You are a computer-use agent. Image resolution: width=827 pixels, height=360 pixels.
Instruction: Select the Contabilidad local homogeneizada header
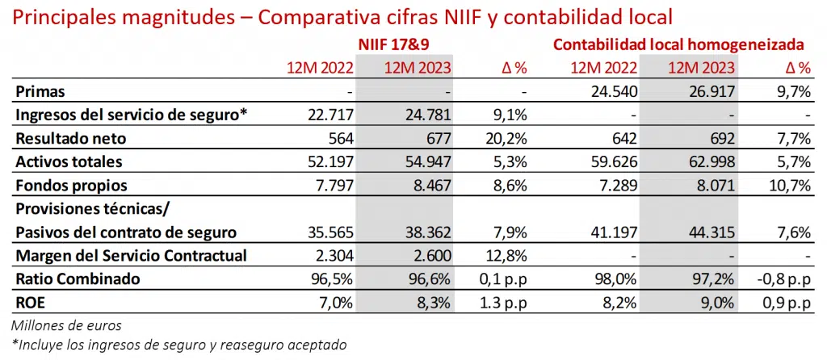pyautogui.click(x=678, y=44)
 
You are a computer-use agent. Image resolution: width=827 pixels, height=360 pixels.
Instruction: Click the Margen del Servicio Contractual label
pyautogui.click(x=130, y=256)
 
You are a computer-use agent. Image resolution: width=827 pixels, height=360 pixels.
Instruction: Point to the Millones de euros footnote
pyautogui.click(x=65, y=325)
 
